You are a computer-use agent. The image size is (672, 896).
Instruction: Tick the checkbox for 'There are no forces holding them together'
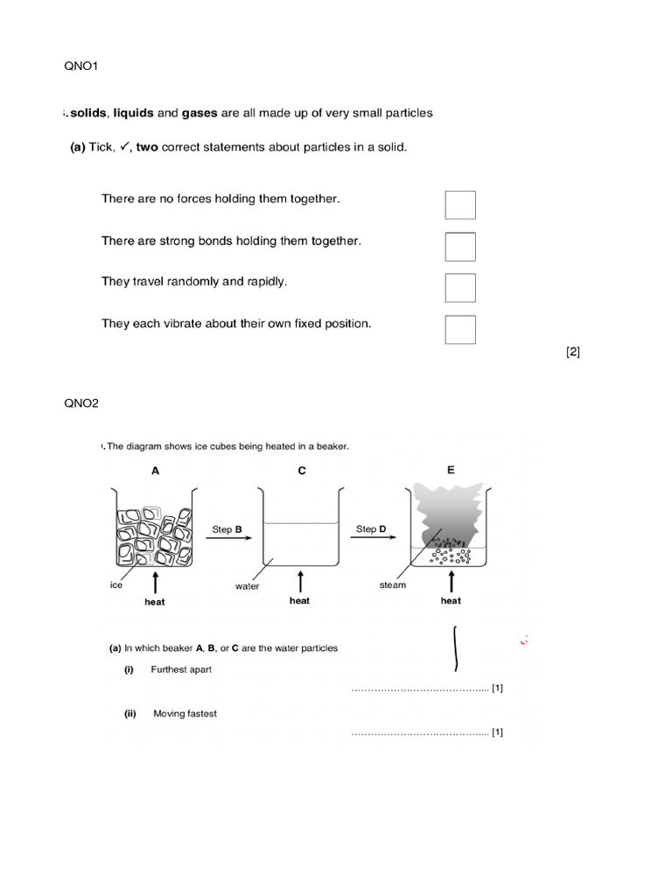coord(460,205)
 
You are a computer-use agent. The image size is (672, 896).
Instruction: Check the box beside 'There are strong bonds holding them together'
coord(460,247)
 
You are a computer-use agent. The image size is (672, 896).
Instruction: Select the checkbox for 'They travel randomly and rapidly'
coord(460,288)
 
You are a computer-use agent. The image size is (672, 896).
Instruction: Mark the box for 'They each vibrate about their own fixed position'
coord(460,329)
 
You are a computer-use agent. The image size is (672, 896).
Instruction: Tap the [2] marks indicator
coord(573,353)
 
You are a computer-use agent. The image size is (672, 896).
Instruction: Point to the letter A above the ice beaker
coord(156,471)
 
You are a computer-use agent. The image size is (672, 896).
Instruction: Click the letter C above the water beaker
coord(302,471)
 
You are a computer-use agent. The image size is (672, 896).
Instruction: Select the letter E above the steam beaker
coord(451,470)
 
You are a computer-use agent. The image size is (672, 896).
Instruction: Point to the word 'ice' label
coord(116,585)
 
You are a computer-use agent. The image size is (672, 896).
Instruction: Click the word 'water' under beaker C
coord(248,586)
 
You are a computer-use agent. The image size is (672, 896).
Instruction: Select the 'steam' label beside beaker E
coord(393,585)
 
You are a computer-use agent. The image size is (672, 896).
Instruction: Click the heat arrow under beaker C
coord(301,581)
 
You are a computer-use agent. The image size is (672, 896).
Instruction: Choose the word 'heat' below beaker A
coord(154,602)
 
